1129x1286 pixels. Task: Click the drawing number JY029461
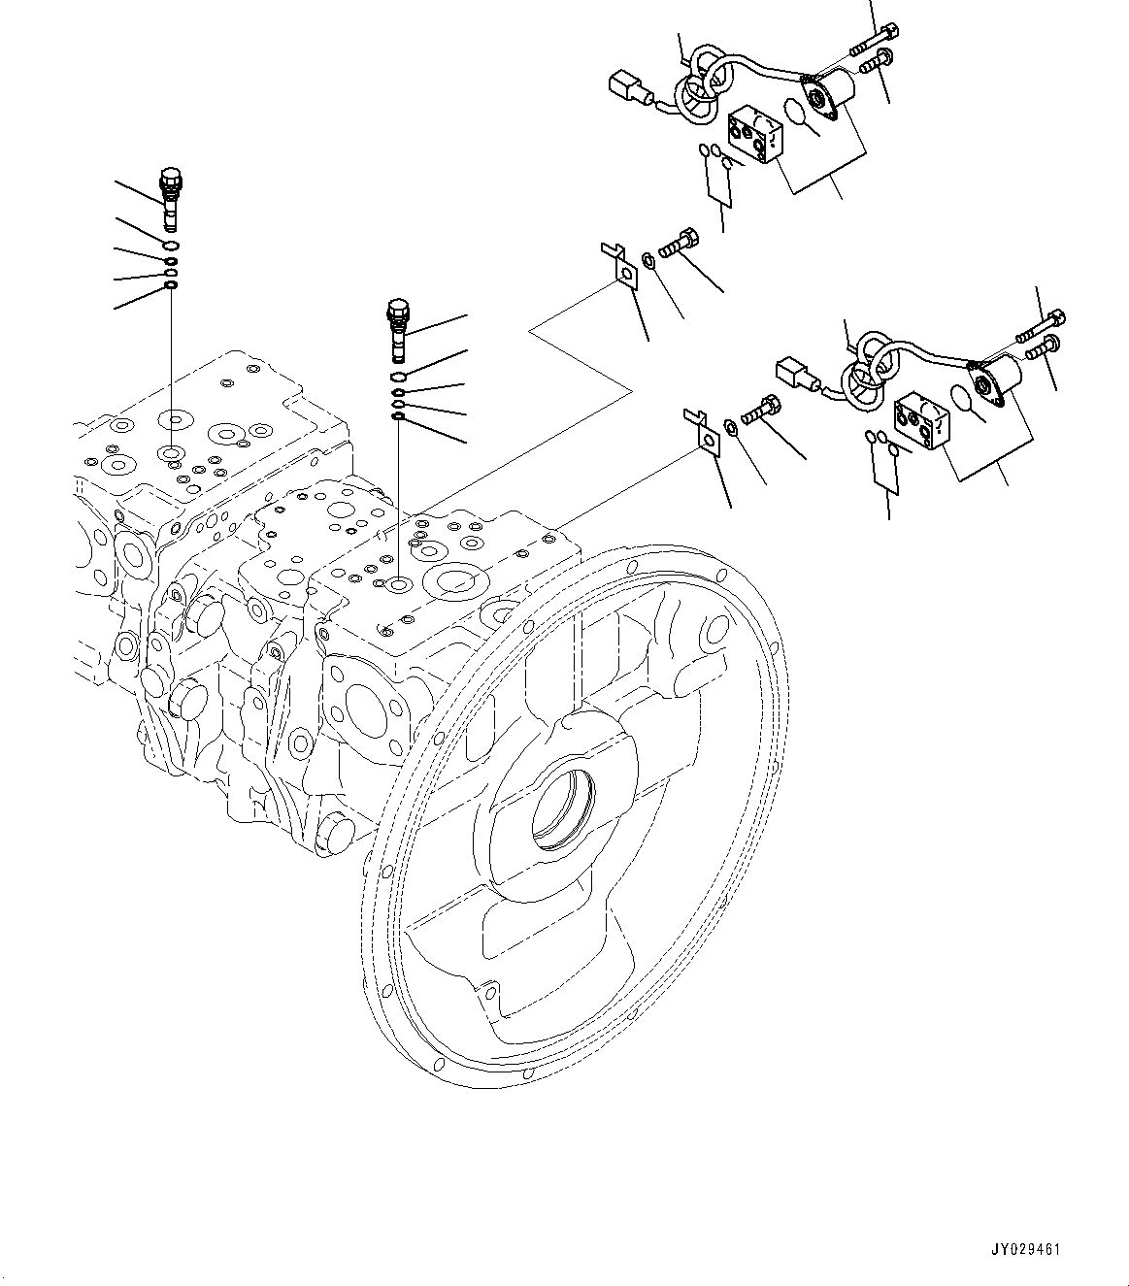tap(1026, 1249)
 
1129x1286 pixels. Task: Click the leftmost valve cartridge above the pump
tap(171, 198)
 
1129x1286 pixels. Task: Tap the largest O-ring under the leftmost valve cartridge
tap(171, 246)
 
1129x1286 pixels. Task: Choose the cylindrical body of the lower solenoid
tap(1005, 374)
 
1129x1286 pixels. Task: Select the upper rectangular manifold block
tap(756, 138)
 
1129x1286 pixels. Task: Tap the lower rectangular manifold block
tap(923, 420)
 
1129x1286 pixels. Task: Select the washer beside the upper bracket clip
tap(649, 257)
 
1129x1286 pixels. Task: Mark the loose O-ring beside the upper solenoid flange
tap(797, 112)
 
